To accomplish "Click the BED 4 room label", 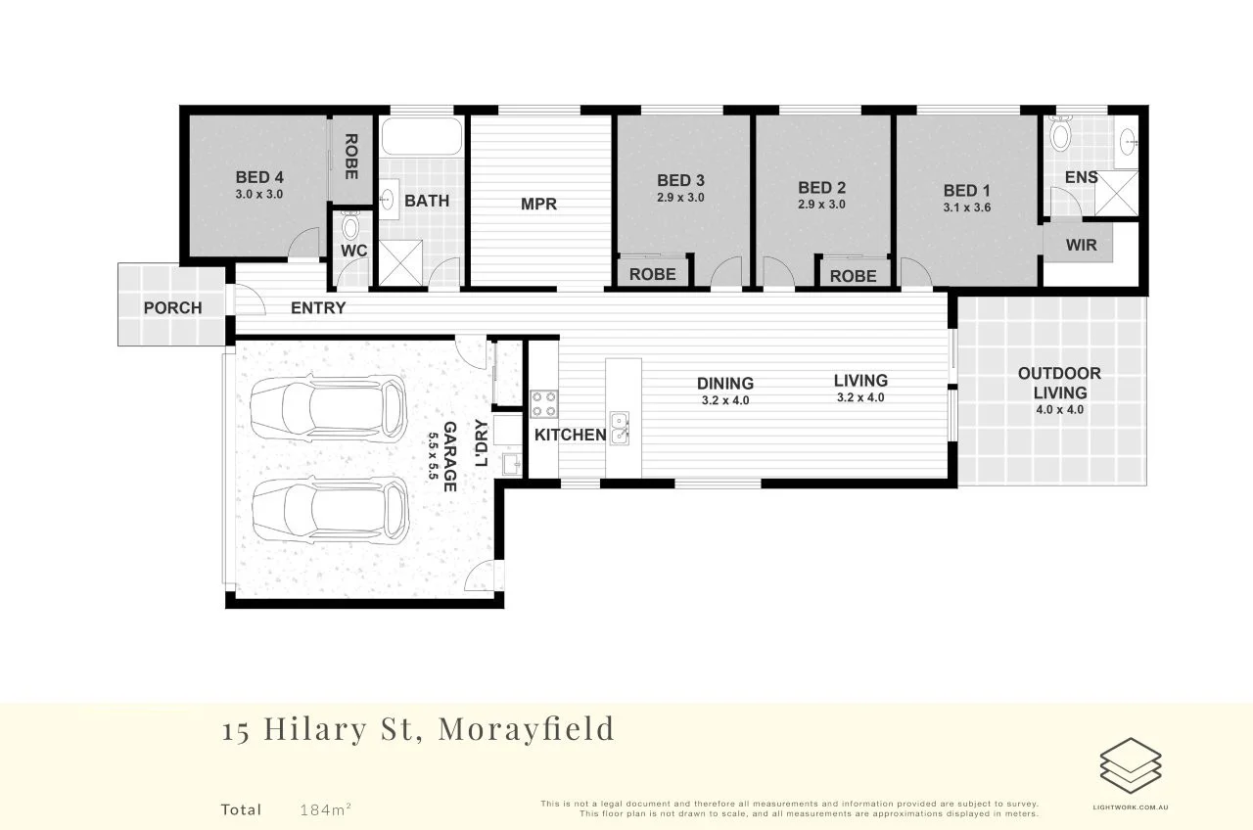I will point(259,177).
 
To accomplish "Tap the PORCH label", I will point(172,307).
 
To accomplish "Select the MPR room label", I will point(538,205).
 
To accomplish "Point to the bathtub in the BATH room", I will point(420,137).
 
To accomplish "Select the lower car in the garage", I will point(328,511).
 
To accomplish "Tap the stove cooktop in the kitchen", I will point(543,404).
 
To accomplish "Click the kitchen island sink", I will point(620,430).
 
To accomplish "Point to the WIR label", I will point(1081,245).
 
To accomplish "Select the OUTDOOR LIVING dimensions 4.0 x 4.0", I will point(1060,410).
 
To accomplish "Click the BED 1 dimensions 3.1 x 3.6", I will point(966,207).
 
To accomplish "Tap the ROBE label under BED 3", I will point(653,274).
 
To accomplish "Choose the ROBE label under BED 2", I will point(853,276).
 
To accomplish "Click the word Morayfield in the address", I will point(527,729).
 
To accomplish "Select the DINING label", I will point(725,383).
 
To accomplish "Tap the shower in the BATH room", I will point(399,262).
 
